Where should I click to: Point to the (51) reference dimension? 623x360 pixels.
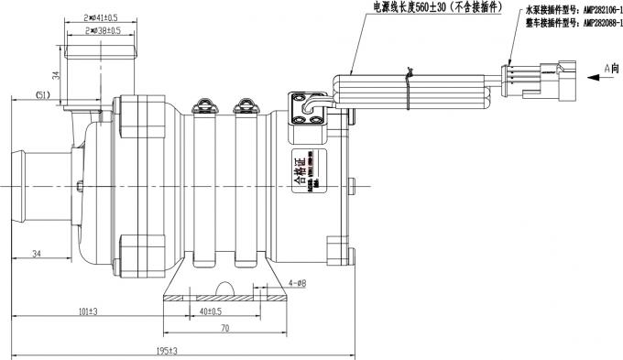[42, 94]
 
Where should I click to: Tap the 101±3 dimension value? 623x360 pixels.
[88, 311]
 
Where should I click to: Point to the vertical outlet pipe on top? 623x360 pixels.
[96, 69]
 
